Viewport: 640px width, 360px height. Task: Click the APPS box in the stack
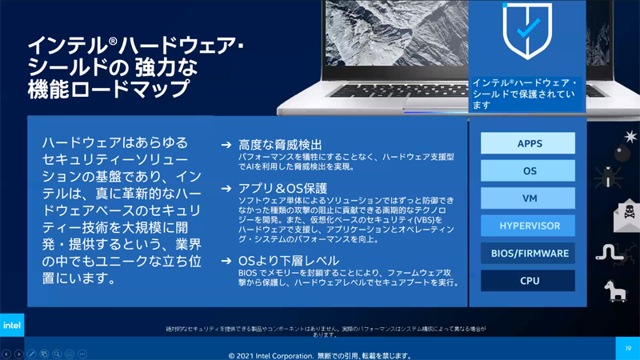tap(527, 143)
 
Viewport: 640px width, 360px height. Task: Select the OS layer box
tap(527, 170)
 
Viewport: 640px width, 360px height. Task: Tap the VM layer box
tap(527, 198)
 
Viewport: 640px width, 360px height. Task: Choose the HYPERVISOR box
tap(527, 226)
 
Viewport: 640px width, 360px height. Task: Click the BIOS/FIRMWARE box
tap(527, 253)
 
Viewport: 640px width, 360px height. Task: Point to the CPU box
tap(527, 281)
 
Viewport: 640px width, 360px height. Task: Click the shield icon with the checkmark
tap(527, 30)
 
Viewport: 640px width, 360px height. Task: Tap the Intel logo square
tap(12, 325)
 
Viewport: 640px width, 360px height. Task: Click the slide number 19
tap(628, 348)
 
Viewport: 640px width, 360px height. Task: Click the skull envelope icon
tap(628, 214)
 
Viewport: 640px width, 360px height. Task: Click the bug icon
tap(612, 178)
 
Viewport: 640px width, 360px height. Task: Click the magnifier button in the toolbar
tap(57, 354)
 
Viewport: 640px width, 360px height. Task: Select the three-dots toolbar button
tap(82, 354)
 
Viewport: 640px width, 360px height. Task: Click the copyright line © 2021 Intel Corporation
tap(320, 355)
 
